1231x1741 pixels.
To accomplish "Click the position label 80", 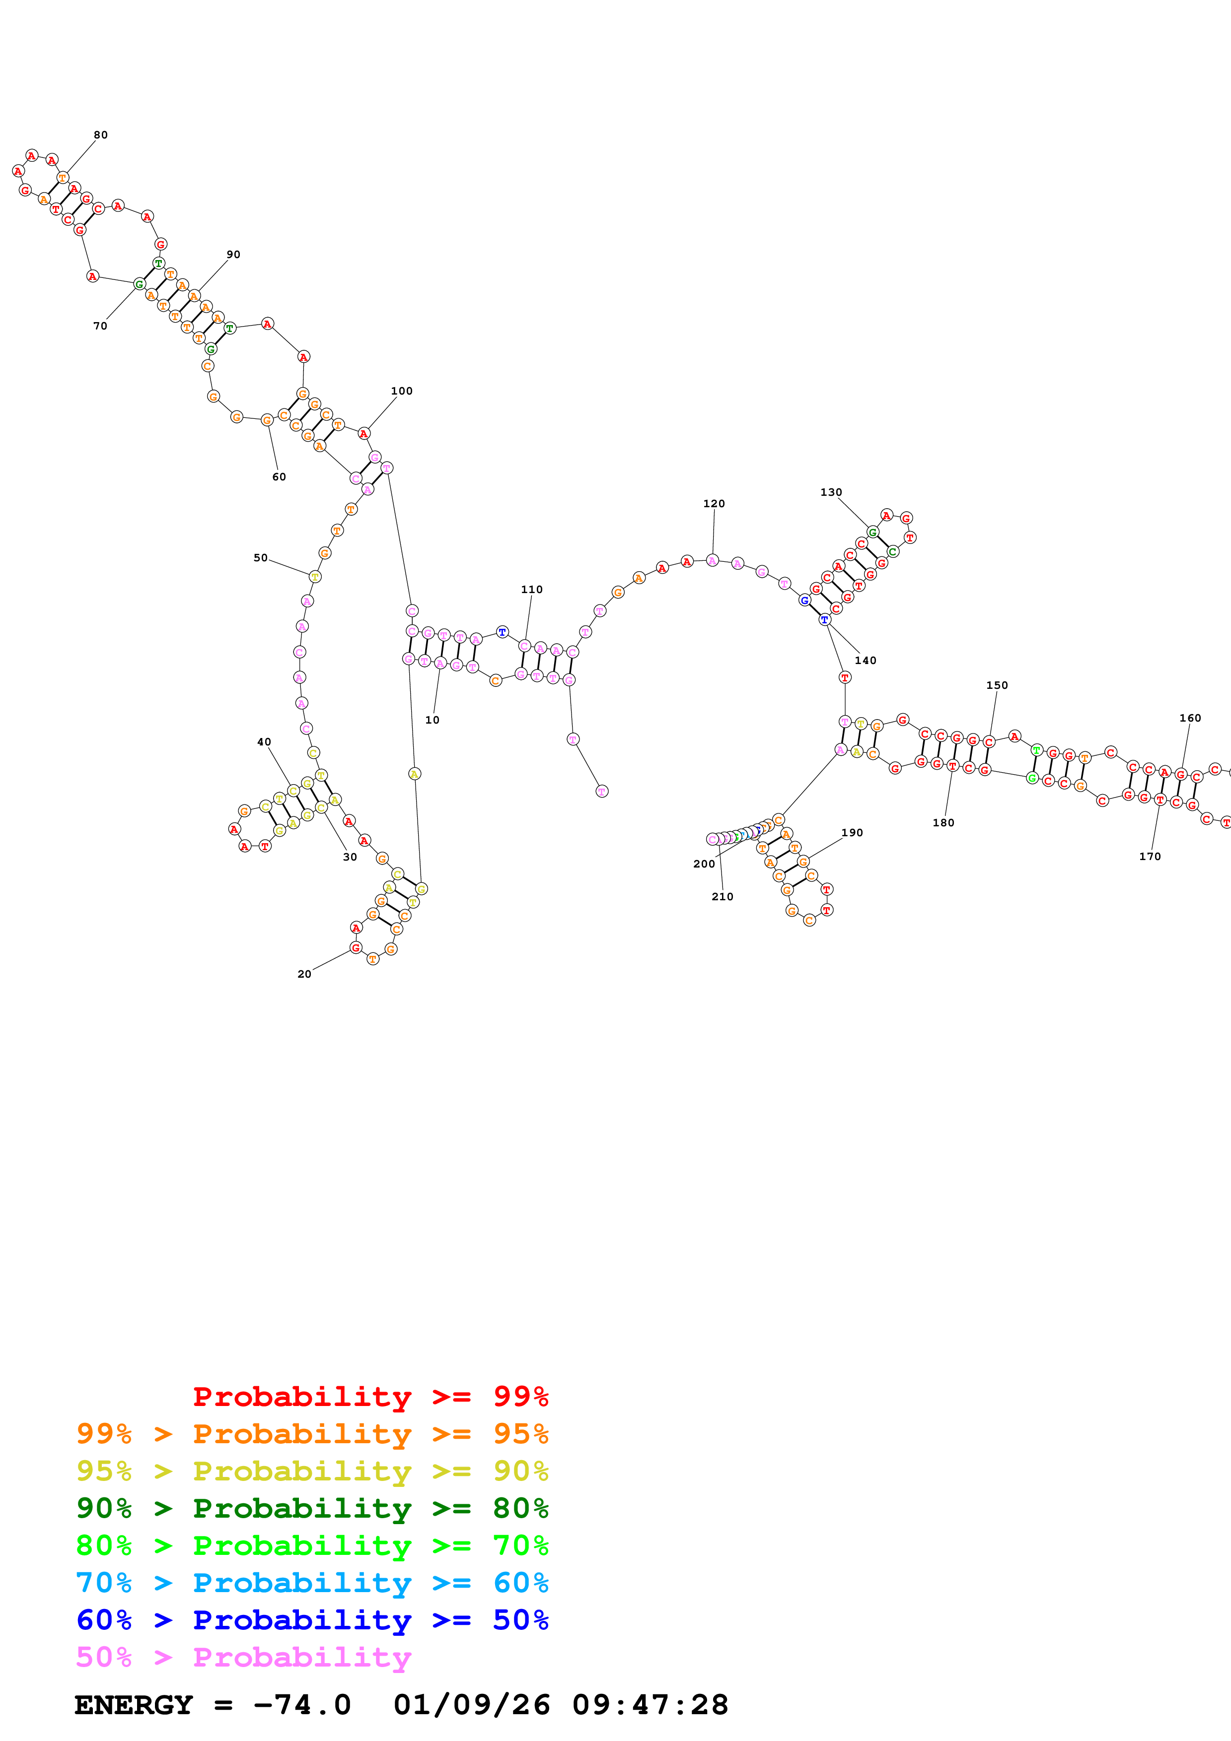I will pos(101,135).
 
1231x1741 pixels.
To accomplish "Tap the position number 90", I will pos(233,255).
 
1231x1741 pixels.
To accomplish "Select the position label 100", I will pos(401,391).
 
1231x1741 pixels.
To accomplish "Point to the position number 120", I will pos(714,504).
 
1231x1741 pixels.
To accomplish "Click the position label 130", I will pos(831,492).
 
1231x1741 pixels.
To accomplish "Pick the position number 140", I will pos(866,661).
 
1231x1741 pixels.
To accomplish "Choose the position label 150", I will pos(997,685).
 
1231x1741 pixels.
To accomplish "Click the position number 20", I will pos(304,974).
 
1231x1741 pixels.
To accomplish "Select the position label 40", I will pos(264,742).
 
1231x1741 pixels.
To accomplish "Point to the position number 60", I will pos(279,477).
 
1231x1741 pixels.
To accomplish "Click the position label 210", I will pos(722,897).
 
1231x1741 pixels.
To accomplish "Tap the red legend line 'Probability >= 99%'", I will pos(370,1397).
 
